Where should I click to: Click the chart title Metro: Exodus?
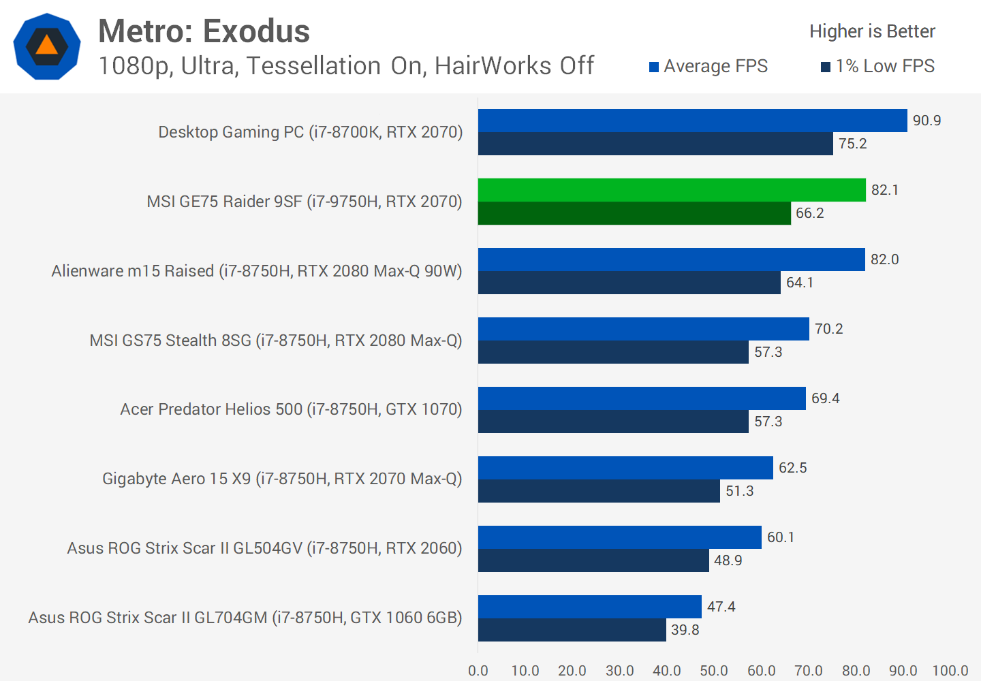[x=204, y=31]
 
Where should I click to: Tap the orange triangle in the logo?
[x=46, y=46]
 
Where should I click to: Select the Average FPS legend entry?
[x=708, y=66]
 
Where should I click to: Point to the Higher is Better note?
[x=872, y=31]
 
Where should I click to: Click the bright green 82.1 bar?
[x=672, y=190]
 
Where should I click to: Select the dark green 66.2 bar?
[x=634, y=213]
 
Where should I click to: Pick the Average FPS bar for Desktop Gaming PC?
[x=692, y=121]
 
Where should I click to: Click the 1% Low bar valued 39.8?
[x=572, y=630]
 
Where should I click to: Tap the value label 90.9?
[x=926, y=121]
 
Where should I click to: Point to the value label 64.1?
[x=799, y=283]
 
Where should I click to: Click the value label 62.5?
[x=792, y=468]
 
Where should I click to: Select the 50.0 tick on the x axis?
[x=714, y=671]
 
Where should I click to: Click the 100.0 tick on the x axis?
[x=950, y=671]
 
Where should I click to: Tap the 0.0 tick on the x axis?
[x=478, y=671]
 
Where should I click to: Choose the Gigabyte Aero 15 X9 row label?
[x=282, y=479]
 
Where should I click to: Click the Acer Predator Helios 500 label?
[x=291, y=409]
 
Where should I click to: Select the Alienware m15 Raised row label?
[x=257, y=271]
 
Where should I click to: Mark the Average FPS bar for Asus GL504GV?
[x=619, y=537]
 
